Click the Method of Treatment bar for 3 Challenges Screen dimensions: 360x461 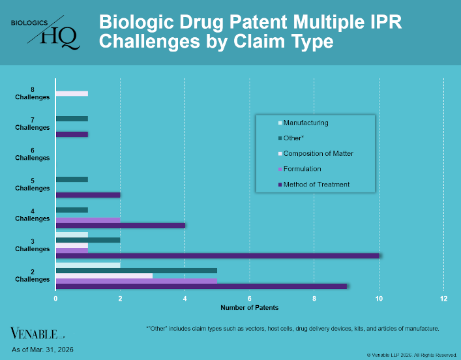(217, 256)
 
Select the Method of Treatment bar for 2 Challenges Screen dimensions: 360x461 (201, 286)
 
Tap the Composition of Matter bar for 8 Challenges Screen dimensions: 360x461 (72, 94)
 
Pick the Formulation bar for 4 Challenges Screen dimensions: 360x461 (88, 219)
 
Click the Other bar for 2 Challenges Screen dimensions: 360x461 (136, 270)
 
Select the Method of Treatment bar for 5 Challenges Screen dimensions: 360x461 (88, 195)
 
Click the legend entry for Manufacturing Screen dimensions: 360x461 (306, 123)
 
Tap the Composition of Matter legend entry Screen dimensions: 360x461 (318, 153)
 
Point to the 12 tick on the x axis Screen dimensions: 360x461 (443, 298)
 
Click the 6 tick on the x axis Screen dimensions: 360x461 (250, 298)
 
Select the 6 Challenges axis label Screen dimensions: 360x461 (33, 154)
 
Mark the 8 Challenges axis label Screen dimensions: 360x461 (33, 93)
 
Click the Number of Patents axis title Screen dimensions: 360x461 (249, 307)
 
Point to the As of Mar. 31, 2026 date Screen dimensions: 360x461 (42, 350)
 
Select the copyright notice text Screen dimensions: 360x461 (411, 355)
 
